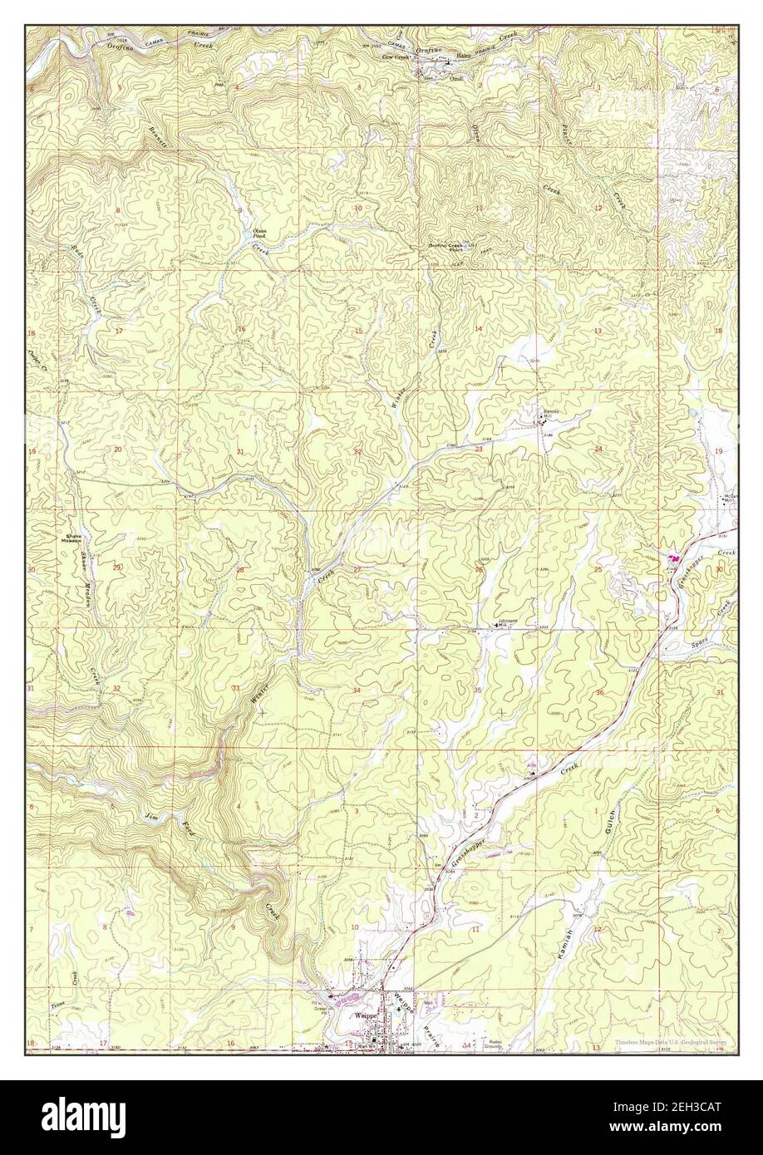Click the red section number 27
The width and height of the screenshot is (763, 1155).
click(x=357, y=569)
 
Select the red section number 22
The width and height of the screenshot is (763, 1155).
click(x=357, y=451)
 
